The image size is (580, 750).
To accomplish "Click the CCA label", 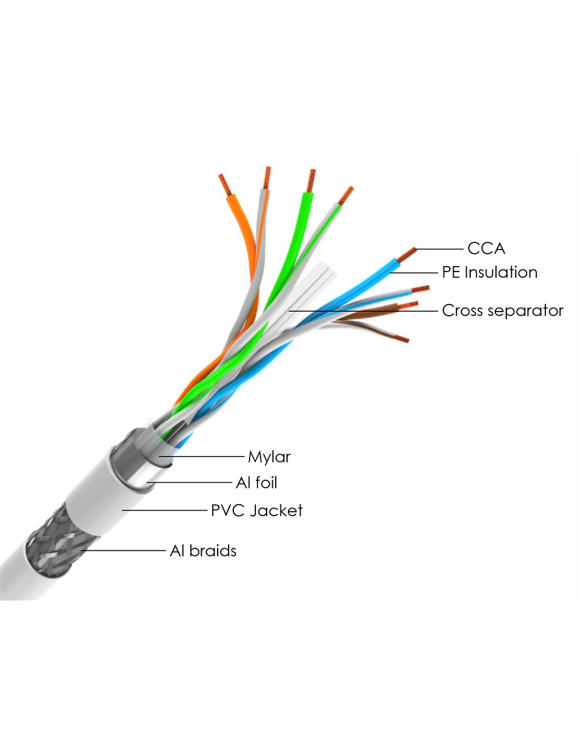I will click(x=486, y=248).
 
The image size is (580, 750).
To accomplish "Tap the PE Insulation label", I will click(x=489, y=272).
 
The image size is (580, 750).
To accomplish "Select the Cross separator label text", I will click(x=502, y=311).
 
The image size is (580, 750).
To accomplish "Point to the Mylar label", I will click(x=269, y=457).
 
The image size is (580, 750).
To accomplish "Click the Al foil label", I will click(x=256, y=483).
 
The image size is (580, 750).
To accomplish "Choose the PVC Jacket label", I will click(x=257, y=511).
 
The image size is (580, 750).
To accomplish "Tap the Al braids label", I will click(x=203, y=551).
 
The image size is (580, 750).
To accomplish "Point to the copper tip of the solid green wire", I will click(x=311, y=180).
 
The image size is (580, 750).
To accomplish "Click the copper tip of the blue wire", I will click(x=407, y=255).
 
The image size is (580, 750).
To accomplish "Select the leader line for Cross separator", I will click(x=364, y=311).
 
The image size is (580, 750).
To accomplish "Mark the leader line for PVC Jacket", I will click(x=163, y=510).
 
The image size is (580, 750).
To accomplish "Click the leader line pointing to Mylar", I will click(x=203, y=457).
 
